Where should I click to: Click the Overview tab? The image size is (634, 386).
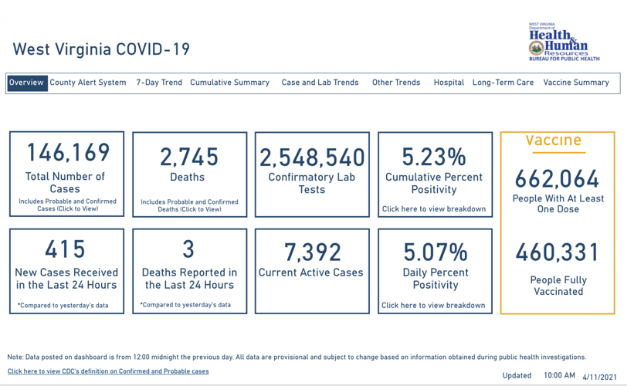click(x=27, y=83)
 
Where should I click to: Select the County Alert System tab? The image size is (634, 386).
click(x=88, y=83)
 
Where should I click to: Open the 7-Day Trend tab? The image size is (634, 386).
click(x=159, y=83)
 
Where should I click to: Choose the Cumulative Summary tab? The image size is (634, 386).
click(x=229, y=83)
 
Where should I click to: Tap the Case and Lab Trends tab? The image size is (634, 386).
click(x=320, y=83)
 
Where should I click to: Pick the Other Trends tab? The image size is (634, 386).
click(x=396, y=83)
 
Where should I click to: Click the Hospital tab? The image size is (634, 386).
click(x=449, y=83)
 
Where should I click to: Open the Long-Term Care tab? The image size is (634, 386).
click(x=503, y=83)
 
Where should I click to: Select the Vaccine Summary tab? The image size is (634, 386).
click(x=576, y=83)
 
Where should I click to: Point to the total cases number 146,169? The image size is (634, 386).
click(x=68, y=153)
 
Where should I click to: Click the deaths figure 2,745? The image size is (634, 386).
click(x=189, y=157)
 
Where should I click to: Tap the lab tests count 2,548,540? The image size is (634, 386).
click(x=312, y=157)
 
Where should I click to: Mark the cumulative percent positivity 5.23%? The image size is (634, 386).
click(x=435, y=157)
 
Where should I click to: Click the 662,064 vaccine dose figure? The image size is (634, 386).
click(x=558, y=179)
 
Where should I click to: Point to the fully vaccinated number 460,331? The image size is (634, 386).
click(x=558, y=252)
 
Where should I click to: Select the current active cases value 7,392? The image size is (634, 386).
click(x=312, y=252)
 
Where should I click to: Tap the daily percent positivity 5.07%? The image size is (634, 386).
click(x=435, y=252)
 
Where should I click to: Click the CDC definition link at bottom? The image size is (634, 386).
click(x=108, y=371)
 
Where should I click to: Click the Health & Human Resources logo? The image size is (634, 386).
click(x=564, y=42)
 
